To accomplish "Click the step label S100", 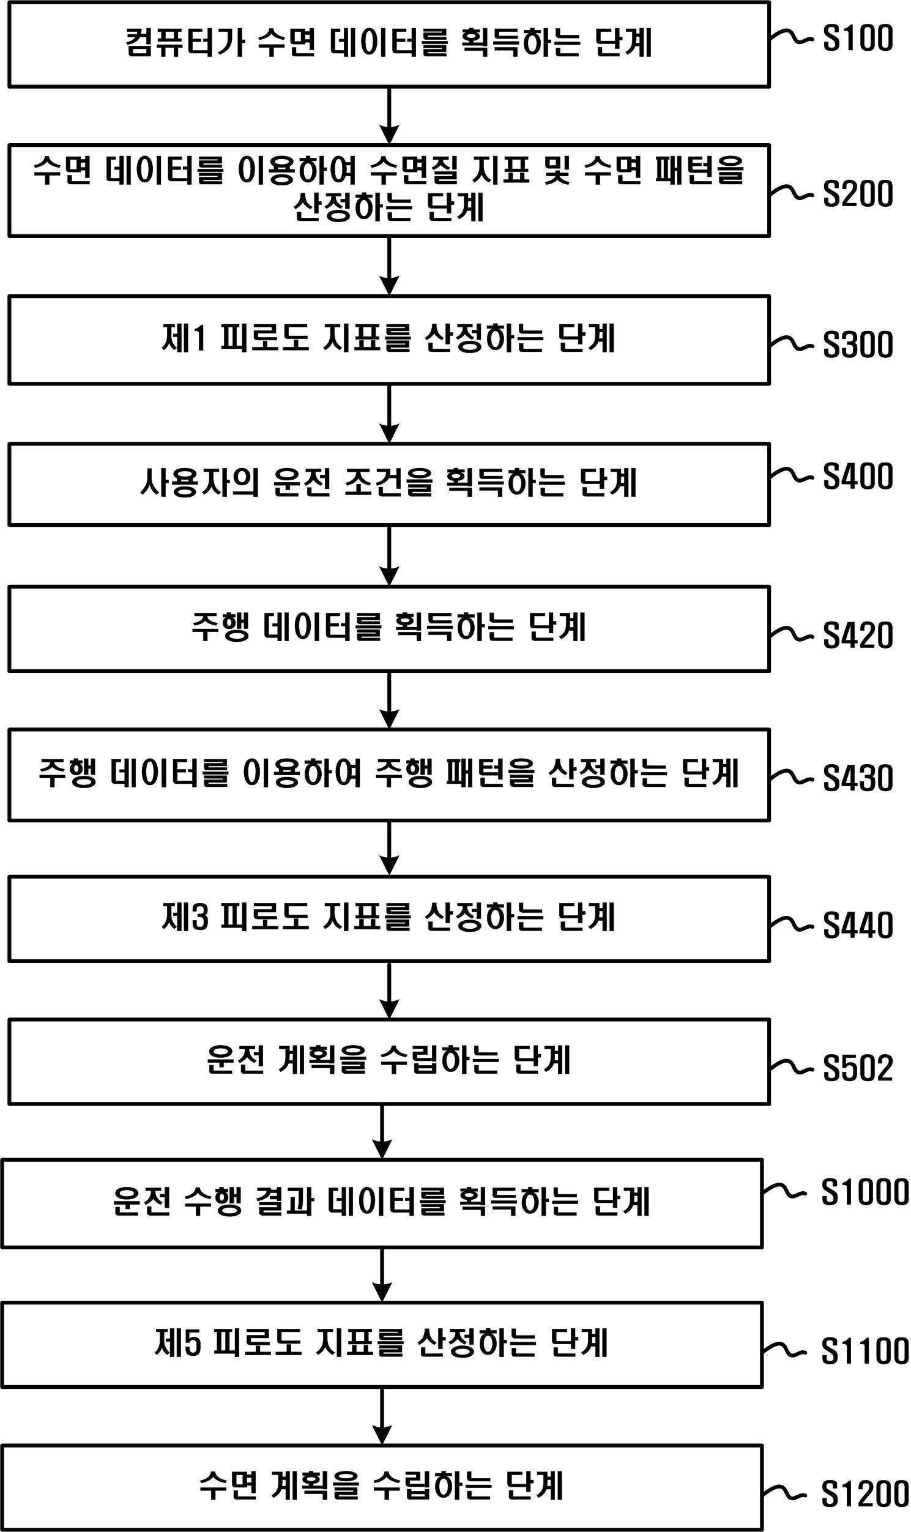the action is click(858, 39).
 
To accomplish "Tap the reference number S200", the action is click(858, 194).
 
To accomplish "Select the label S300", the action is click(858, 344).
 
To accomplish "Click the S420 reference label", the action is click(858, 635).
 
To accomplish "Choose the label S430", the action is click(858, 778).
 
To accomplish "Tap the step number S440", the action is click(858, 925).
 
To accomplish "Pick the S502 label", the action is click(858, 1068).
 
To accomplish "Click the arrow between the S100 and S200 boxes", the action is click(389, 116).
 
